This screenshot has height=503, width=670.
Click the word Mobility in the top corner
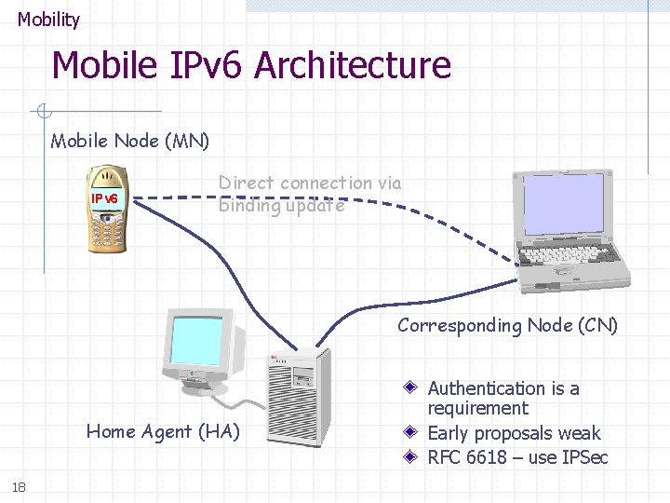tap(48, 19)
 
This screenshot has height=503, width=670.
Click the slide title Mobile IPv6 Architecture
tap(251, 66)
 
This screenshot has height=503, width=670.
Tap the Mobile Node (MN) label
tap(130, 142)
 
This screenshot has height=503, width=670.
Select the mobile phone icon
tap(105, 210)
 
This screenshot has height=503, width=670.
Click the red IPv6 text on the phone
tap(104, 198)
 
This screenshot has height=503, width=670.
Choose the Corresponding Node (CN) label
tap(507, 325)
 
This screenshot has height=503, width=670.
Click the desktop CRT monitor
tap(198, 347)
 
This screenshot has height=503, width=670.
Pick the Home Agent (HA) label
tap(163, 430)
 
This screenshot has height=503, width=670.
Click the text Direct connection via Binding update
tap(310, 194)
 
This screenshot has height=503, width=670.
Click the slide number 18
tap(18, 485)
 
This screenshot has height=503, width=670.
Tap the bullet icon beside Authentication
tap(411, 387)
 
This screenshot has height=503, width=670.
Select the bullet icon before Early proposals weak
tap(411, 433)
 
